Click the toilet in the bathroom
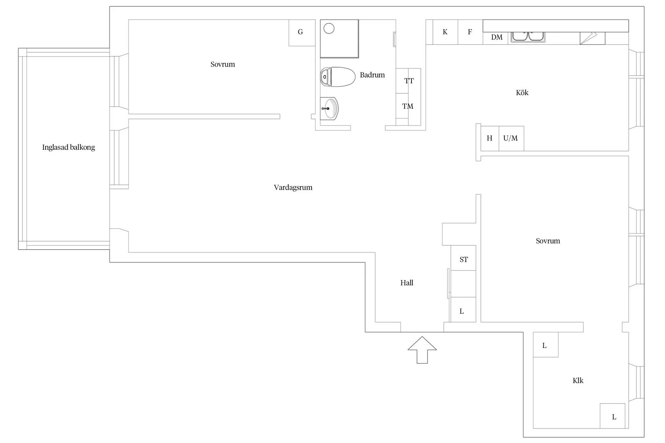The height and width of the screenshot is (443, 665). point(338,77)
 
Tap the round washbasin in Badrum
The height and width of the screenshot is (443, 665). point(330,109)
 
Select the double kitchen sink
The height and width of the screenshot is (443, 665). point(528,37)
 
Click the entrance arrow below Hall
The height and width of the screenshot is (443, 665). point(422,350)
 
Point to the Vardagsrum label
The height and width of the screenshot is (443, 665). point(293,188)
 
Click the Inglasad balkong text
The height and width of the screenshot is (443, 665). point(69,147)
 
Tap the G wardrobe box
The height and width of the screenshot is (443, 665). point(302,33)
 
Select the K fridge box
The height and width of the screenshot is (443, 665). point(445,32)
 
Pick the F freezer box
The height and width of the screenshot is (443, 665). point(470,32)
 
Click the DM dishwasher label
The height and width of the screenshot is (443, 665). point(497,37)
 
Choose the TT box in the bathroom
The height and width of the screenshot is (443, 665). point(408,81)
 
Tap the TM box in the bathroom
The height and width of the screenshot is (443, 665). point(408,106)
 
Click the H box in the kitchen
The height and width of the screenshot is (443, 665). point(490,139)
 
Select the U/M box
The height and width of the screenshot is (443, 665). point(511,139)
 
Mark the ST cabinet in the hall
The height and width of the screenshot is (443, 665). point(463,258)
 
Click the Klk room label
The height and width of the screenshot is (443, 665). point(578,381)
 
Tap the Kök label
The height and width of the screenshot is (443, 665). point(522,93)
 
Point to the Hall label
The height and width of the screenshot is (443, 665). point(407,283)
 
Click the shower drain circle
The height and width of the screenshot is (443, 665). point(329,29)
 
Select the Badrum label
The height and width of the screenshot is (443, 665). point(372,75)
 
